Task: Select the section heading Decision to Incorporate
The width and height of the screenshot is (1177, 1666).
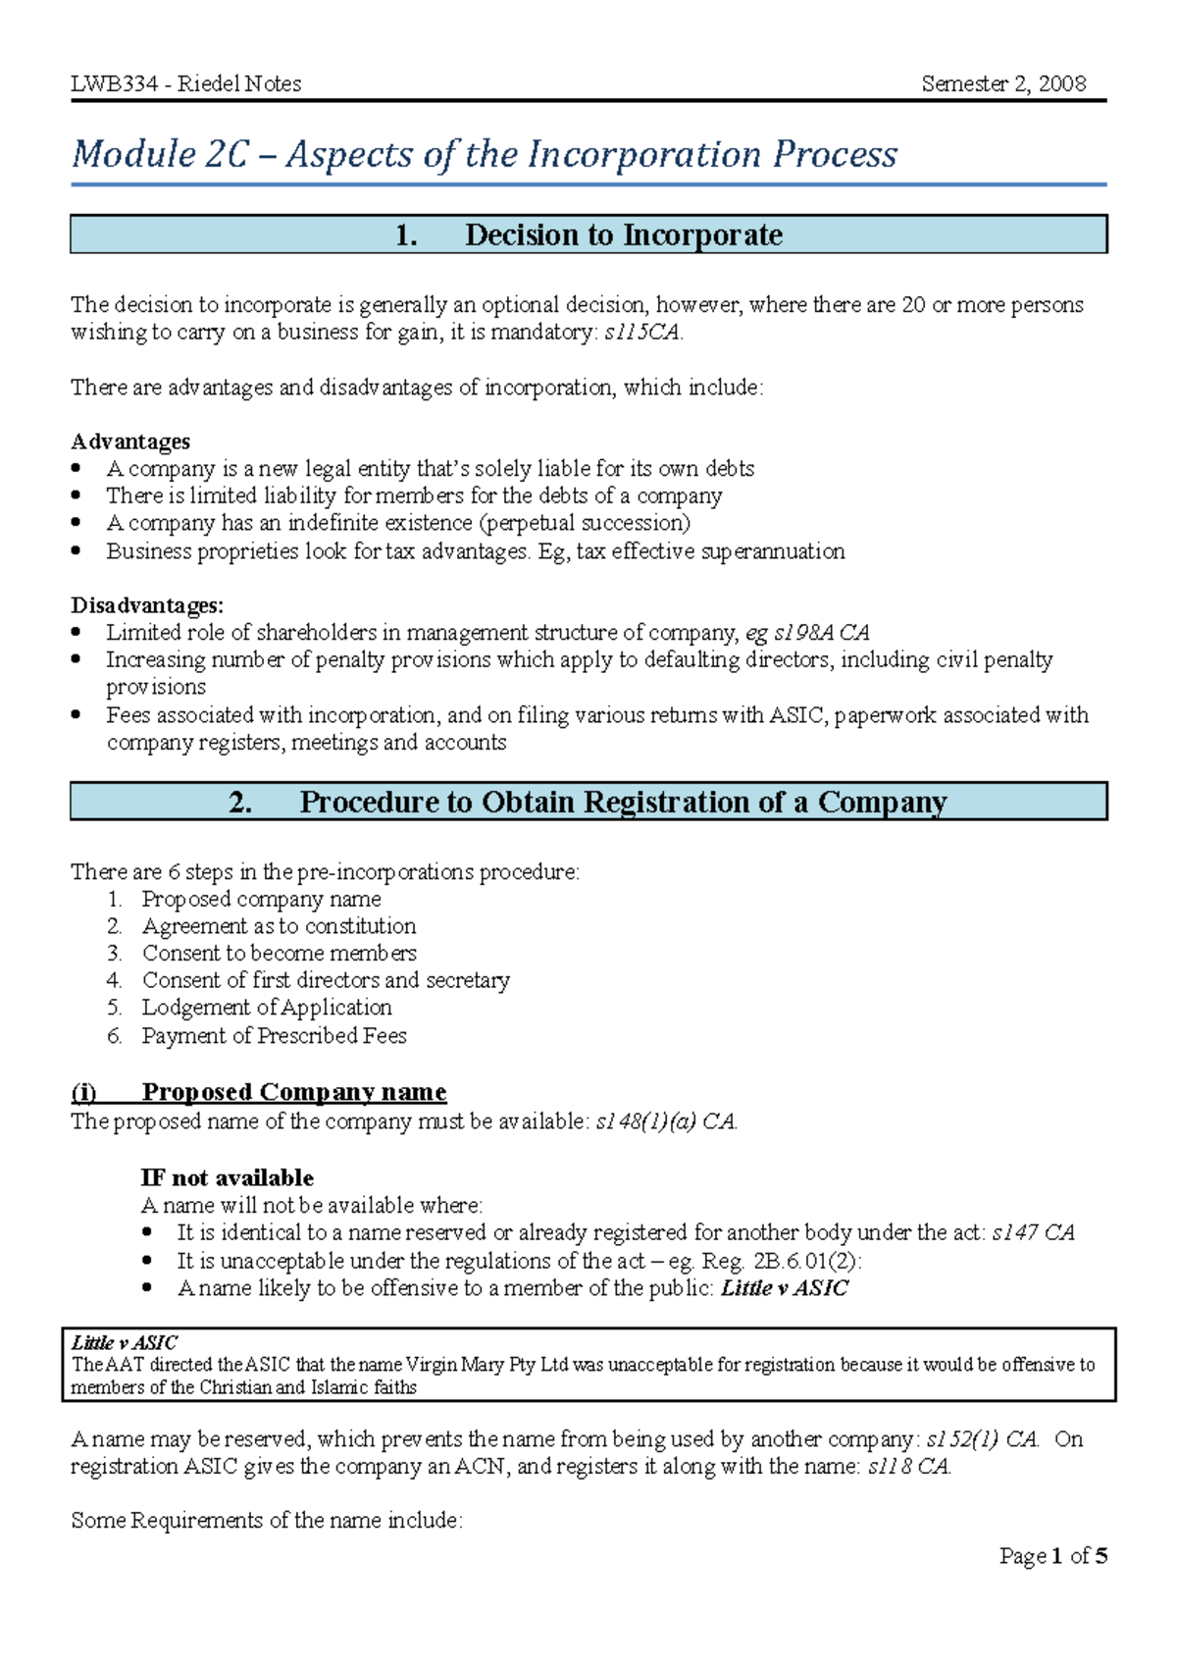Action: coord(623,235)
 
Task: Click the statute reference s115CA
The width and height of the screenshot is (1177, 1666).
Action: coord(641,333)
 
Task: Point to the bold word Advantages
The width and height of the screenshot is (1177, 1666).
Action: coord(130,442)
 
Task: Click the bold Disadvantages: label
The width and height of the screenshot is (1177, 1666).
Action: coord(147,605)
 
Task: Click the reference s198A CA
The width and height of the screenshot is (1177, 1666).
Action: coord(821,633)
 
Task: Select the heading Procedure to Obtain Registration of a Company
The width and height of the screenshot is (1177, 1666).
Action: coord(623,803)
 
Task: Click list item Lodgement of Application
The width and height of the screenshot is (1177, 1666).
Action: coord(267,1008)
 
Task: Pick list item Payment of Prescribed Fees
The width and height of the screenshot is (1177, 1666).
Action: coord(274,1036)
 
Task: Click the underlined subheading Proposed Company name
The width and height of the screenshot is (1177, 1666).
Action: coord(293,1092)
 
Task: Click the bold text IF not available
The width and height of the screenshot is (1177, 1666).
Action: coord(227,1177)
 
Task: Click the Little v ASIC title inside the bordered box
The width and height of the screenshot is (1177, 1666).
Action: coord(125,1342)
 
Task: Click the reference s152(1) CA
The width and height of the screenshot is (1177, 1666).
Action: coord(981,1439)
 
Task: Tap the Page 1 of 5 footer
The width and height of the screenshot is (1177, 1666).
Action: coord(1053,1556)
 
